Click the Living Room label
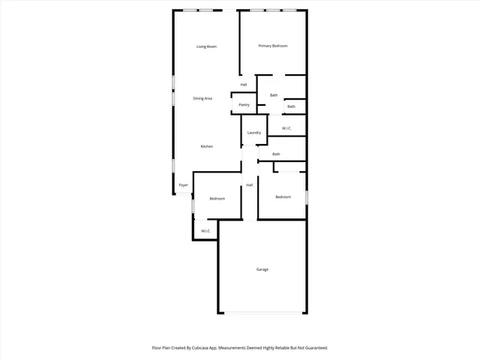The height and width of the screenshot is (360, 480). pos(206,47)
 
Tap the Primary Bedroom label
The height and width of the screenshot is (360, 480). pos(273,46)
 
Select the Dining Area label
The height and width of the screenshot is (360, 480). pos(202,98)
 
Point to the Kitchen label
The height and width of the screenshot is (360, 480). pos(206,146)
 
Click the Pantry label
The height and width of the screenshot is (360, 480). pos(244,105)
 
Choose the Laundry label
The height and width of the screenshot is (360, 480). pos(253,133)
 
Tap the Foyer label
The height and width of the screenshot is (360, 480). pos(183,185)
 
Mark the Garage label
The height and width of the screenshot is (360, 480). pos(262,269)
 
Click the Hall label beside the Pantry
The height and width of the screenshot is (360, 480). pos(244,85)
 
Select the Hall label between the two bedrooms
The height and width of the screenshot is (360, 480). pos(249,184)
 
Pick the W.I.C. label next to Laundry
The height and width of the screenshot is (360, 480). pos(286,129)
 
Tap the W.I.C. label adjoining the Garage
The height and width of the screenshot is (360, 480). pos(205,231)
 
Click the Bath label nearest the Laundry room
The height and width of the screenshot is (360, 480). pos(276,154)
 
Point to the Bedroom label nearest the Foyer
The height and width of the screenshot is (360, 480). pos(217,199)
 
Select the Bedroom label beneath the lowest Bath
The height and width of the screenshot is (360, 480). pos(283,197)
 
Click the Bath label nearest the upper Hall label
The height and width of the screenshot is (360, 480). pos(274,95)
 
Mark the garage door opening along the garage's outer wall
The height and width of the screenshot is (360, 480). pos(262,313)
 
